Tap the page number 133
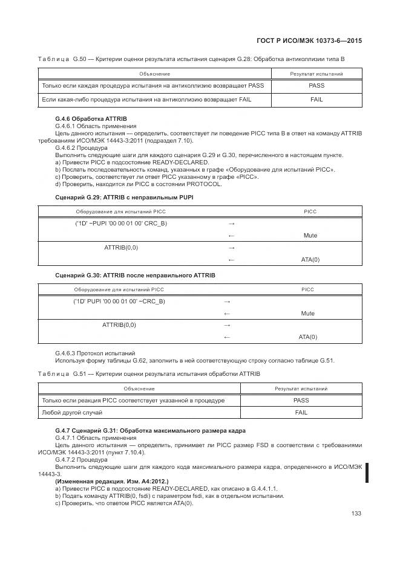356,514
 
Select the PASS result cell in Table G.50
316,85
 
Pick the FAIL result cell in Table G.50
316,99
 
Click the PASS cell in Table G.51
301,400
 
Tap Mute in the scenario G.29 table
310,236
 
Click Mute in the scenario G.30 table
307,313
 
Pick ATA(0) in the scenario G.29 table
310,259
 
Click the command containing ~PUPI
120,223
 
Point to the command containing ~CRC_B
119,301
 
